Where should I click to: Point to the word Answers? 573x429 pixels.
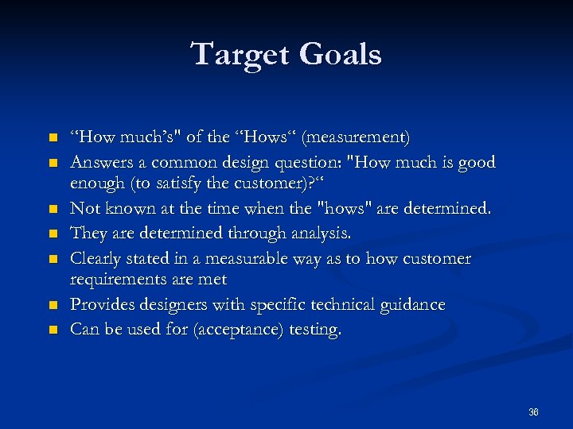coord(103,163)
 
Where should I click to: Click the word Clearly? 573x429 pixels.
coord(98,258)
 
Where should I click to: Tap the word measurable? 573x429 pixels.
coord(249,258)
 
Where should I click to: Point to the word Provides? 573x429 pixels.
coord(101,305)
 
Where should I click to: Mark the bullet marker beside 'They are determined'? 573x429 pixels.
coord(53,234)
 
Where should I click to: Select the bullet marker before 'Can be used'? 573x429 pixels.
coord(53,330)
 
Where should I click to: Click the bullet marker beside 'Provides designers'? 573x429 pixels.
coord(53,306)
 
